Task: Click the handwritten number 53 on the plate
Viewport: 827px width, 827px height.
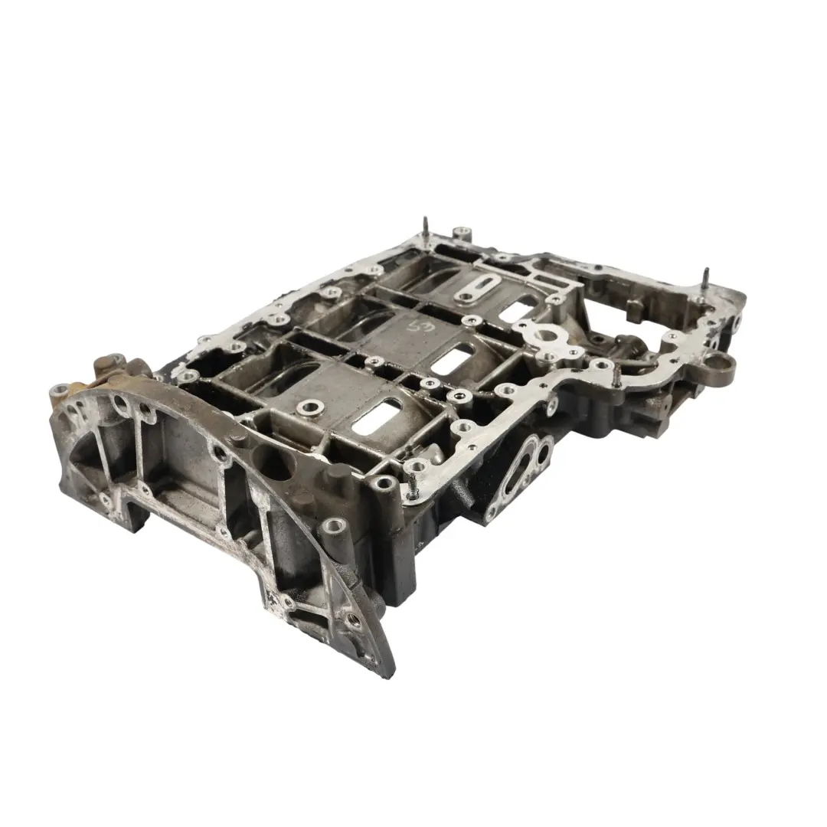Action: click(436, 330)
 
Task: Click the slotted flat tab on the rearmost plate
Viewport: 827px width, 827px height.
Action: click(467, 289)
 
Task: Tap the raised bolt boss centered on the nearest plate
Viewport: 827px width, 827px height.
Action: click(310, 407)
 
